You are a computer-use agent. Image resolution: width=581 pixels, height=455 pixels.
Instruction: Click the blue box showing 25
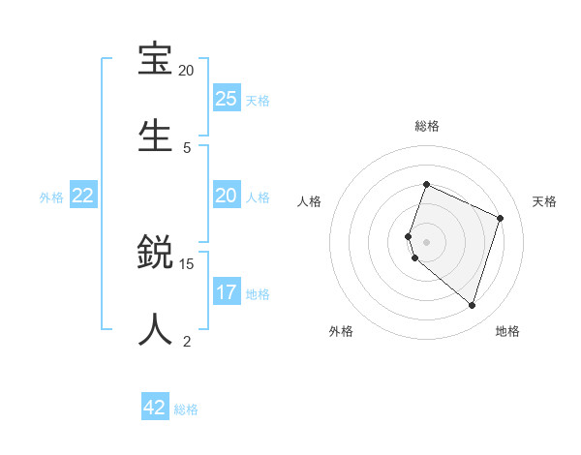[227, 98]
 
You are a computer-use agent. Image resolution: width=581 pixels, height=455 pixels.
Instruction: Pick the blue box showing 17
[227, 292]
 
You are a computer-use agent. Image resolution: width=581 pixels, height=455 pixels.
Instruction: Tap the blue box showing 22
[83, 196]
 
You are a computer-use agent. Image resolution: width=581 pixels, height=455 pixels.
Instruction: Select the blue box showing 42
[155, 408]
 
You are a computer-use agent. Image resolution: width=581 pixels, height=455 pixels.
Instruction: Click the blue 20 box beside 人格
[227, 196]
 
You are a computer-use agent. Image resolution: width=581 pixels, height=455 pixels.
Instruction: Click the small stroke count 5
[187, 147]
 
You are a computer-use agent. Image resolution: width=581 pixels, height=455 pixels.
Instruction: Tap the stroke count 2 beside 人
[187, 341]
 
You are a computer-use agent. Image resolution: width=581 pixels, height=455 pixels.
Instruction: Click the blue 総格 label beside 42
[186, 409]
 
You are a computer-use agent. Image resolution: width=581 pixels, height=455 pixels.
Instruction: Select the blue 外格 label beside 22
[51, 197]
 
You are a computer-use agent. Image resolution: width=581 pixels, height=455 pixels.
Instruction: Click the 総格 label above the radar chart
[426, 126]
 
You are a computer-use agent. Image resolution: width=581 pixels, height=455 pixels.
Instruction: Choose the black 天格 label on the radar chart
[544, 201]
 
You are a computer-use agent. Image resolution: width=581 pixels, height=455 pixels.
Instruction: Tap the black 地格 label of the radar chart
[507, 331]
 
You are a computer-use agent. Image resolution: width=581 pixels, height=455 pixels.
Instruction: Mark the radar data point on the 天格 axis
[501, 218]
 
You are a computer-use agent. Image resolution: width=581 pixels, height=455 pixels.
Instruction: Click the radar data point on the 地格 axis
[472, 305]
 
